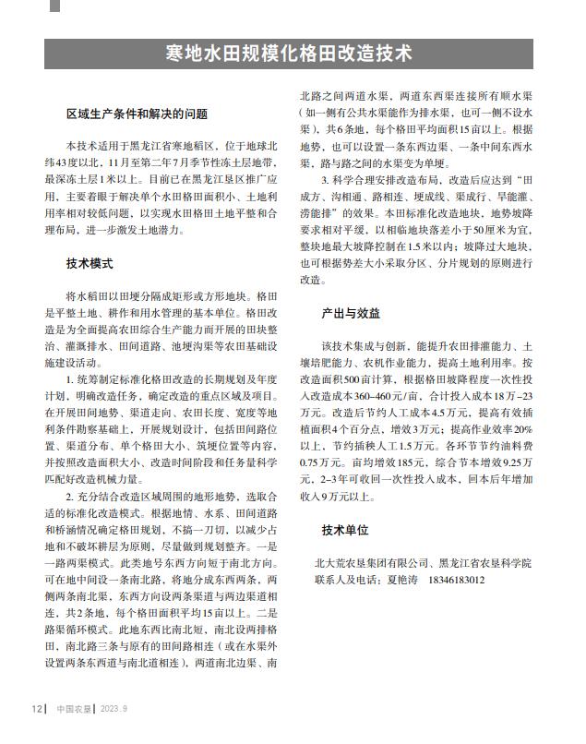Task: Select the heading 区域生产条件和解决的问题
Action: click(x=137, y=114)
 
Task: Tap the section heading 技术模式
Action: click(x=90, y=263)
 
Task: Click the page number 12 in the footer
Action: click(x=36, y=708)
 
